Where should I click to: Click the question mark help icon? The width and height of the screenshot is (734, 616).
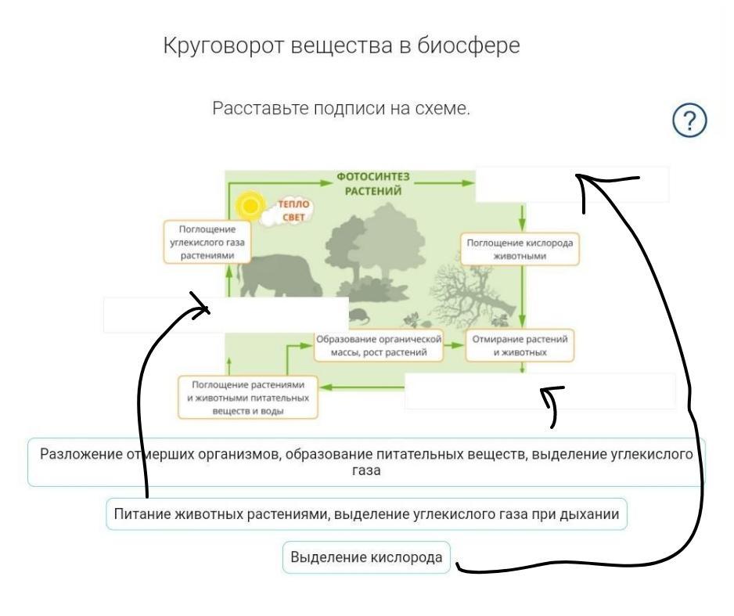pos(689,121)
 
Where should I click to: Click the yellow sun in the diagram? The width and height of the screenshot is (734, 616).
pos(250,205)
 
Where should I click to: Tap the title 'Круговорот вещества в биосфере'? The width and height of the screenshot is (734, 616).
pos(341,46)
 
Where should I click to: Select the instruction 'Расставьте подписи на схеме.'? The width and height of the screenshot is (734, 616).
pos(341,108)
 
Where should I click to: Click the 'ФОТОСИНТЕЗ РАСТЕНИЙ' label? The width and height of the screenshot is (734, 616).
pos(373,183)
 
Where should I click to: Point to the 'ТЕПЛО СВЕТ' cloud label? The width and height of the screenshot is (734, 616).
pos(291,211)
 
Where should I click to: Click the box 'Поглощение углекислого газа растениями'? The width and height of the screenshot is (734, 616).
pos(207,243)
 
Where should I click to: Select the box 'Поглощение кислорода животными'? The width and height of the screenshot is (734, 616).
pos(520,250)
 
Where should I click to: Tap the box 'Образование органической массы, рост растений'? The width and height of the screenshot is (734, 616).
pos(378,346)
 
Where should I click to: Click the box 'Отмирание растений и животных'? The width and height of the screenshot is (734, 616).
pos(520,345)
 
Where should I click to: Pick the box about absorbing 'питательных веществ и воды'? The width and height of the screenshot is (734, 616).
pos(247,398)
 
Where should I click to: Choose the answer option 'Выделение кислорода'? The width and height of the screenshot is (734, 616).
pos(366,557)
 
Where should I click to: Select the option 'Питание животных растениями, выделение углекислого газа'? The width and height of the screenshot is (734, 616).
pos(366,514)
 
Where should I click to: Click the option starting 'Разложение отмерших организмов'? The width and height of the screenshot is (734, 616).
pos(366,462)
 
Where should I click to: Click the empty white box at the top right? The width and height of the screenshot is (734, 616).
pos(572,185)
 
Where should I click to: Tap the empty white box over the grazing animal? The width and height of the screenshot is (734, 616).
pos(226,315)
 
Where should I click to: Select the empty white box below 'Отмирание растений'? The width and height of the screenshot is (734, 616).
pos(540,391)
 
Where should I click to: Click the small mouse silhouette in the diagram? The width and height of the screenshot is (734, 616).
pos(358,316)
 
